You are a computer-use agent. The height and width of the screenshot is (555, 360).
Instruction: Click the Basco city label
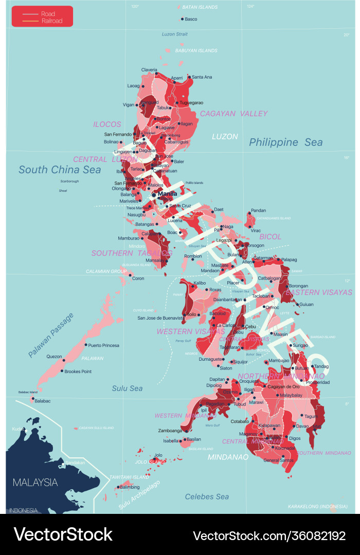191,19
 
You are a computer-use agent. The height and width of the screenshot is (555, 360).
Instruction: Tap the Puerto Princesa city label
103,345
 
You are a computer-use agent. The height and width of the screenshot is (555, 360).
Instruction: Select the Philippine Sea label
285,142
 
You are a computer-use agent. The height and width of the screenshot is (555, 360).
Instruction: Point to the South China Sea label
60,169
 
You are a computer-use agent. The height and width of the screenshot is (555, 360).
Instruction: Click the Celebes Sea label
207,496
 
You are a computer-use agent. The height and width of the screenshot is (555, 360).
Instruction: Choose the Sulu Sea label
127,388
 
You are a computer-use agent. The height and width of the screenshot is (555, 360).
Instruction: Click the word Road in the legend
48,14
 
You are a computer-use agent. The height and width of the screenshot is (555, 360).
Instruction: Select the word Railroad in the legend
52,21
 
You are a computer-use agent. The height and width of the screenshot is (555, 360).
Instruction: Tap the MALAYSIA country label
35,483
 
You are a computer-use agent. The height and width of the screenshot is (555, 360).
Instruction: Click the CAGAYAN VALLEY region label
233,114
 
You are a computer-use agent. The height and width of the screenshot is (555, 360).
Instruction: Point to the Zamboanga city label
169,430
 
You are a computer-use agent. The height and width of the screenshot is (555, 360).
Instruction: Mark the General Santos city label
278,460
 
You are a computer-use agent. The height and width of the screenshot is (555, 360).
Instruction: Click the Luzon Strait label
175,34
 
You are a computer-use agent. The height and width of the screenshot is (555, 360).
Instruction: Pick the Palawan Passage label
51,335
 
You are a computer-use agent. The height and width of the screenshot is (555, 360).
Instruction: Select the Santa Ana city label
202,77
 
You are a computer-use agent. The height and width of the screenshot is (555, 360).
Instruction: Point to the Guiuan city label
307,304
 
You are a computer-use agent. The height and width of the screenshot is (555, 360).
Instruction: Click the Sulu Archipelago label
140,495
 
